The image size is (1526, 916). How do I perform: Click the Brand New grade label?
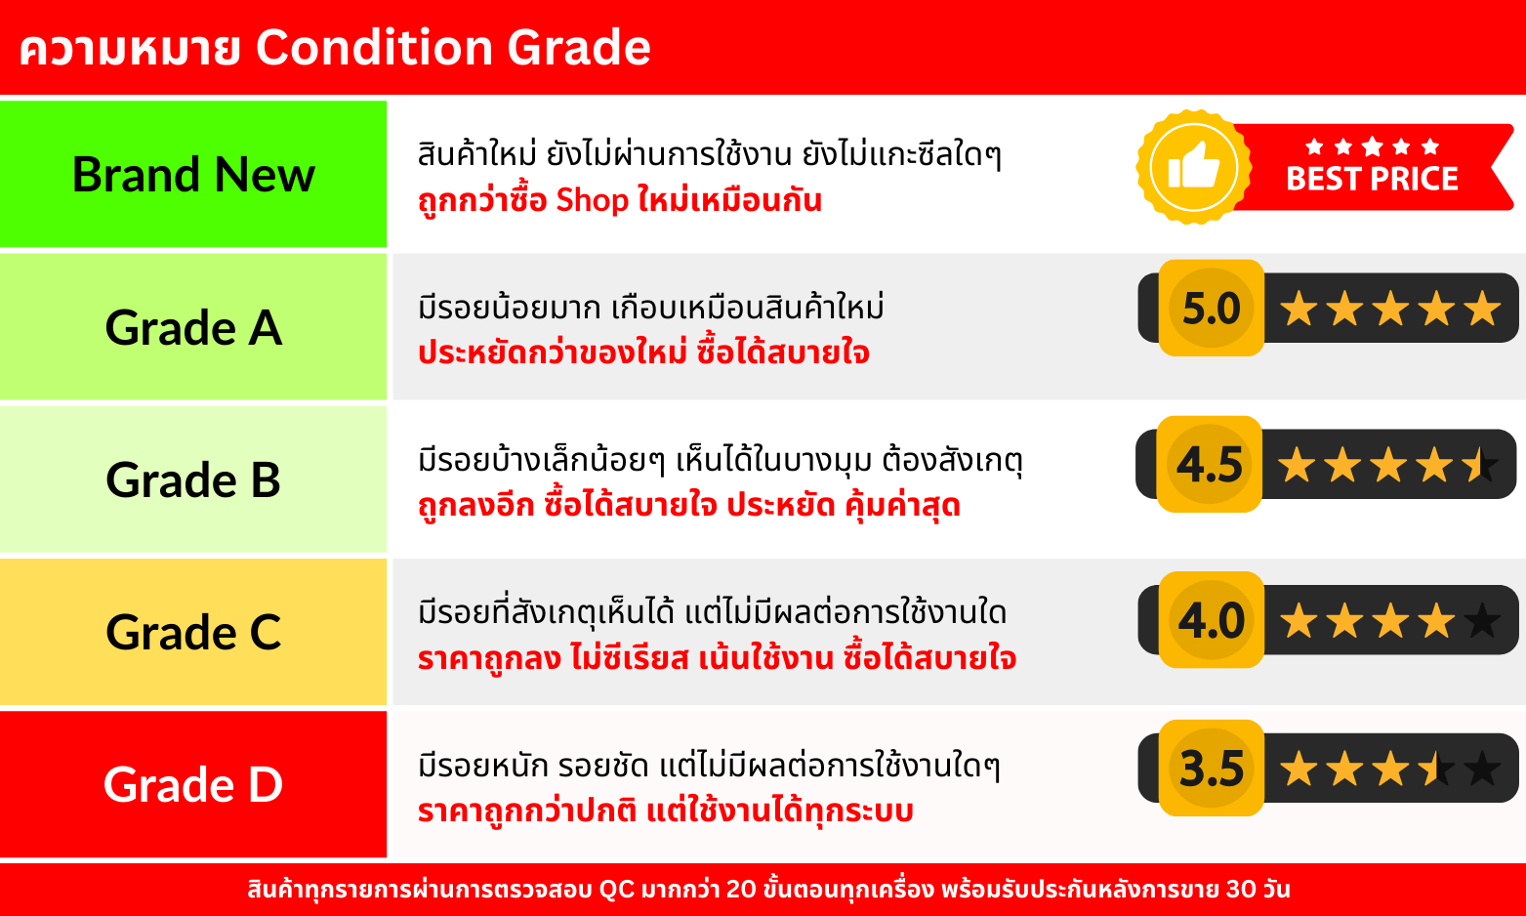(x=193, y=175)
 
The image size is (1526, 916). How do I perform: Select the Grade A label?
(x=193, y=328)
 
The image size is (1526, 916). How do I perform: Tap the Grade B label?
(x=193, y=479)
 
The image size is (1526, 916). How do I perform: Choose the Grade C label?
(x=193, y=633)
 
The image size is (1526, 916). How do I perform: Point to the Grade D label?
(x=193, y=784)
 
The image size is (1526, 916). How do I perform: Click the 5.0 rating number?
(x=1212, y=308)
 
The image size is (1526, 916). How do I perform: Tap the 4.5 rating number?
(x=1210, y=465)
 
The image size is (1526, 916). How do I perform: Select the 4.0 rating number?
(x=1212, y=621)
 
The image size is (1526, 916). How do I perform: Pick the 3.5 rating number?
(x=1212, y=769)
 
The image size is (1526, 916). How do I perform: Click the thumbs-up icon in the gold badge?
(x=1193, y=165)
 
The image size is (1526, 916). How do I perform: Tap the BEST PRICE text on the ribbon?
(x=1372, y=179)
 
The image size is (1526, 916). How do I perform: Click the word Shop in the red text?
(x=592, y=201)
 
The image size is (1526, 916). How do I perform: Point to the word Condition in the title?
(x=373, y=48)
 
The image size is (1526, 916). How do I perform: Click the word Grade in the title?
(x=578, y=48)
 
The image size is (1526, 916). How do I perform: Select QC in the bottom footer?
(x=616, y=890)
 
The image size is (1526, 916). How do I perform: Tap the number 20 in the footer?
(x=741, y=890)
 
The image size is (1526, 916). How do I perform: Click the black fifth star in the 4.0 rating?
(x=1482, y=621)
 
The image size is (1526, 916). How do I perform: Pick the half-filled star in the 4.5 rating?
(x=1480, y=465)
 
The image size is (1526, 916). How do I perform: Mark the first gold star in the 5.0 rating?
(x=1299, y=308)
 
